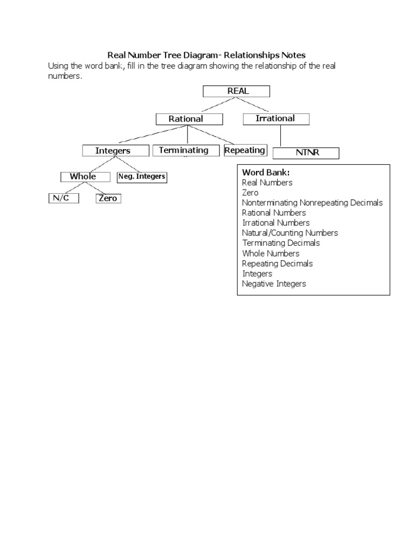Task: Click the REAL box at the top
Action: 236,91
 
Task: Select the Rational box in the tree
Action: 186,119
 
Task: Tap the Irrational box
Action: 275,118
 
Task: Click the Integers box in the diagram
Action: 113,151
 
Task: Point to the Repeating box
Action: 245,150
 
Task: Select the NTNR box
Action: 306,153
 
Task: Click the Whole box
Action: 83,177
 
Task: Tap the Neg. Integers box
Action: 141,177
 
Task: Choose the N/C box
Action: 63,198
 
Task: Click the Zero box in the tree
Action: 108,198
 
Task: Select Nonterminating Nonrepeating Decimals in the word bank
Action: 312,203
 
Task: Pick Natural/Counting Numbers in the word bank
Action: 290,233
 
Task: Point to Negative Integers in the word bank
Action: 274,284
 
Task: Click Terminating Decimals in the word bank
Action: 281,243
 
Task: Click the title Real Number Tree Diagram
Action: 206,55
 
